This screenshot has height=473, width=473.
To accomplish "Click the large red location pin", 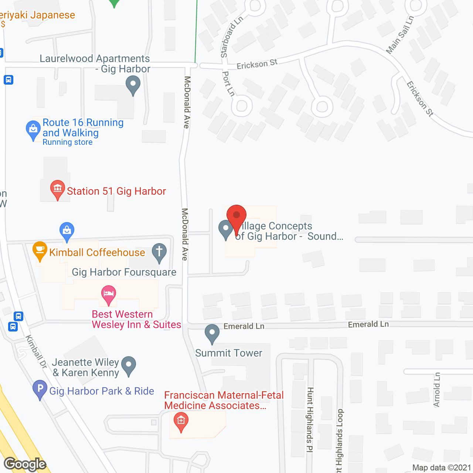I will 236,216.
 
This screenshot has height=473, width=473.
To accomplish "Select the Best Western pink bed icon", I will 108,295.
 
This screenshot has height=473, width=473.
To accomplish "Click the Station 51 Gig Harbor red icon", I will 57,189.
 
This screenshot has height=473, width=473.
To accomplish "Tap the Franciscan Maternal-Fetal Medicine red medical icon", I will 181,422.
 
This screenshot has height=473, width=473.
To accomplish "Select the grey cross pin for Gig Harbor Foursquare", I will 159,252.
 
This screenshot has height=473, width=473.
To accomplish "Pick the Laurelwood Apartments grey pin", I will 133,85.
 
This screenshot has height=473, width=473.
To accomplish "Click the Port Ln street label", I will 228,84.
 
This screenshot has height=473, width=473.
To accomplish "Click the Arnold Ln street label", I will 437,389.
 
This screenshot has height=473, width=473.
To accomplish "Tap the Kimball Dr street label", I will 36,351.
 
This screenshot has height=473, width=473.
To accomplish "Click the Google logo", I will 25,464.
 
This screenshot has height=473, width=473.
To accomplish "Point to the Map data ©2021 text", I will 442,467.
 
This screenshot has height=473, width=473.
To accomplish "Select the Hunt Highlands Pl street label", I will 310,419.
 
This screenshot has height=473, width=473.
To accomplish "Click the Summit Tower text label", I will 229,353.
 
